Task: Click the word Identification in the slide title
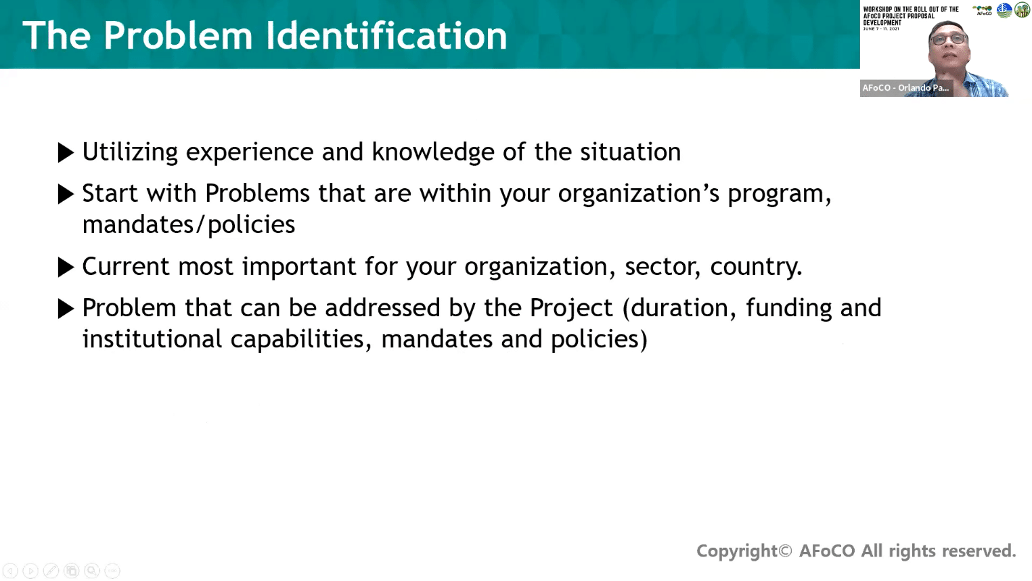[386, 35]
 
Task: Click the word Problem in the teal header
[178, 35]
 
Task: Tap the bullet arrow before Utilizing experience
[66, 152]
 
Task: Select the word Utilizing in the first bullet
[130, 152]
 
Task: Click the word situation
[630, 152]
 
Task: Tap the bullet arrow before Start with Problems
[66, 194]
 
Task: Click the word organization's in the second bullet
[639, 194]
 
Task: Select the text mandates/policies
[189, 225]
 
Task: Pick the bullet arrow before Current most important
[66, 267]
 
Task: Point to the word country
[756, 267]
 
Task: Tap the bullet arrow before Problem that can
[66, 309]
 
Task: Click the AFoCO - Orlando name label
[906, 87]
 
